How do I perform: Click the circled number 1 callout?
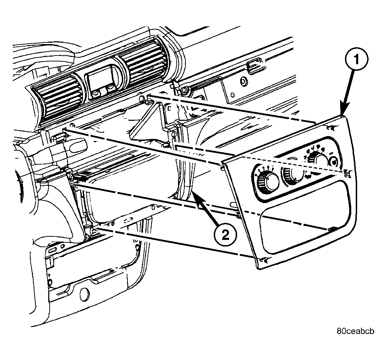(356, 60)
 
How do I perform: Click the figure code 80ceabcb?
(355, 331)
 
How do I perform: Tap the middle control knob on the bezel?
(293, 175)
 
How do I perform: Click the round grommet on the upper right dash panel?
(244, 81)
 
